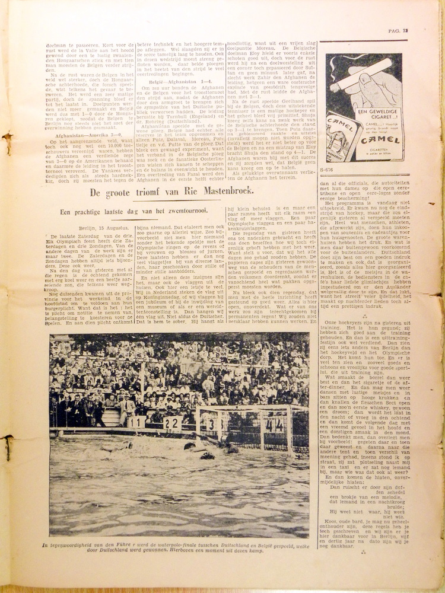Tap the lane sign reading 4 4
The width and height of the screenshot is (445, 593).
click(274, 425)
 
